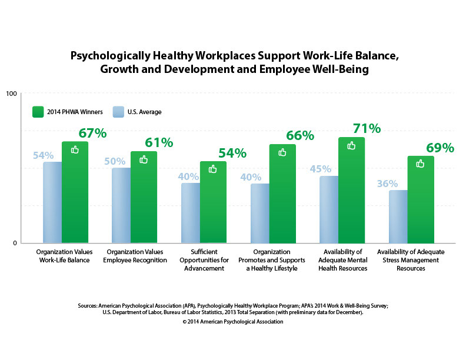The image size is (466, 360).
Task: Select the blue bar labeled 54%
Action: (52, 202)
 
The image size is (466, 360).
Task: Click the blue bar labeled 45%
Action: (329, 209)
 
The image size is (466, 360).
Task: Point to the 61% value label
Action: (159, 143)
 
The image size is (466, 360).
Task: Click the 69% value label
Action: (440, 148)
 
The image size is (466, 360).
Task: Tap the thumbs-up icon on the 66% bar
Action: (282, 152)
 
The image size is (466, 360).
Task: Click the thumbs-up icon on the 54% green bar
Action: (213, 169)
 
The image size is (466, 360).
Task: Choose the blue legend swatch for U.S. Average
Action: (118, 111)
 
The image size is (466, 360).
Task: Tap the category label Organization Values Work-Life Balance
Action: (63, 255)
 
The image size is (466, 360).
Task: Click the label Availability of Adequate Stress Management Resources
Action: (420, 259)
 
